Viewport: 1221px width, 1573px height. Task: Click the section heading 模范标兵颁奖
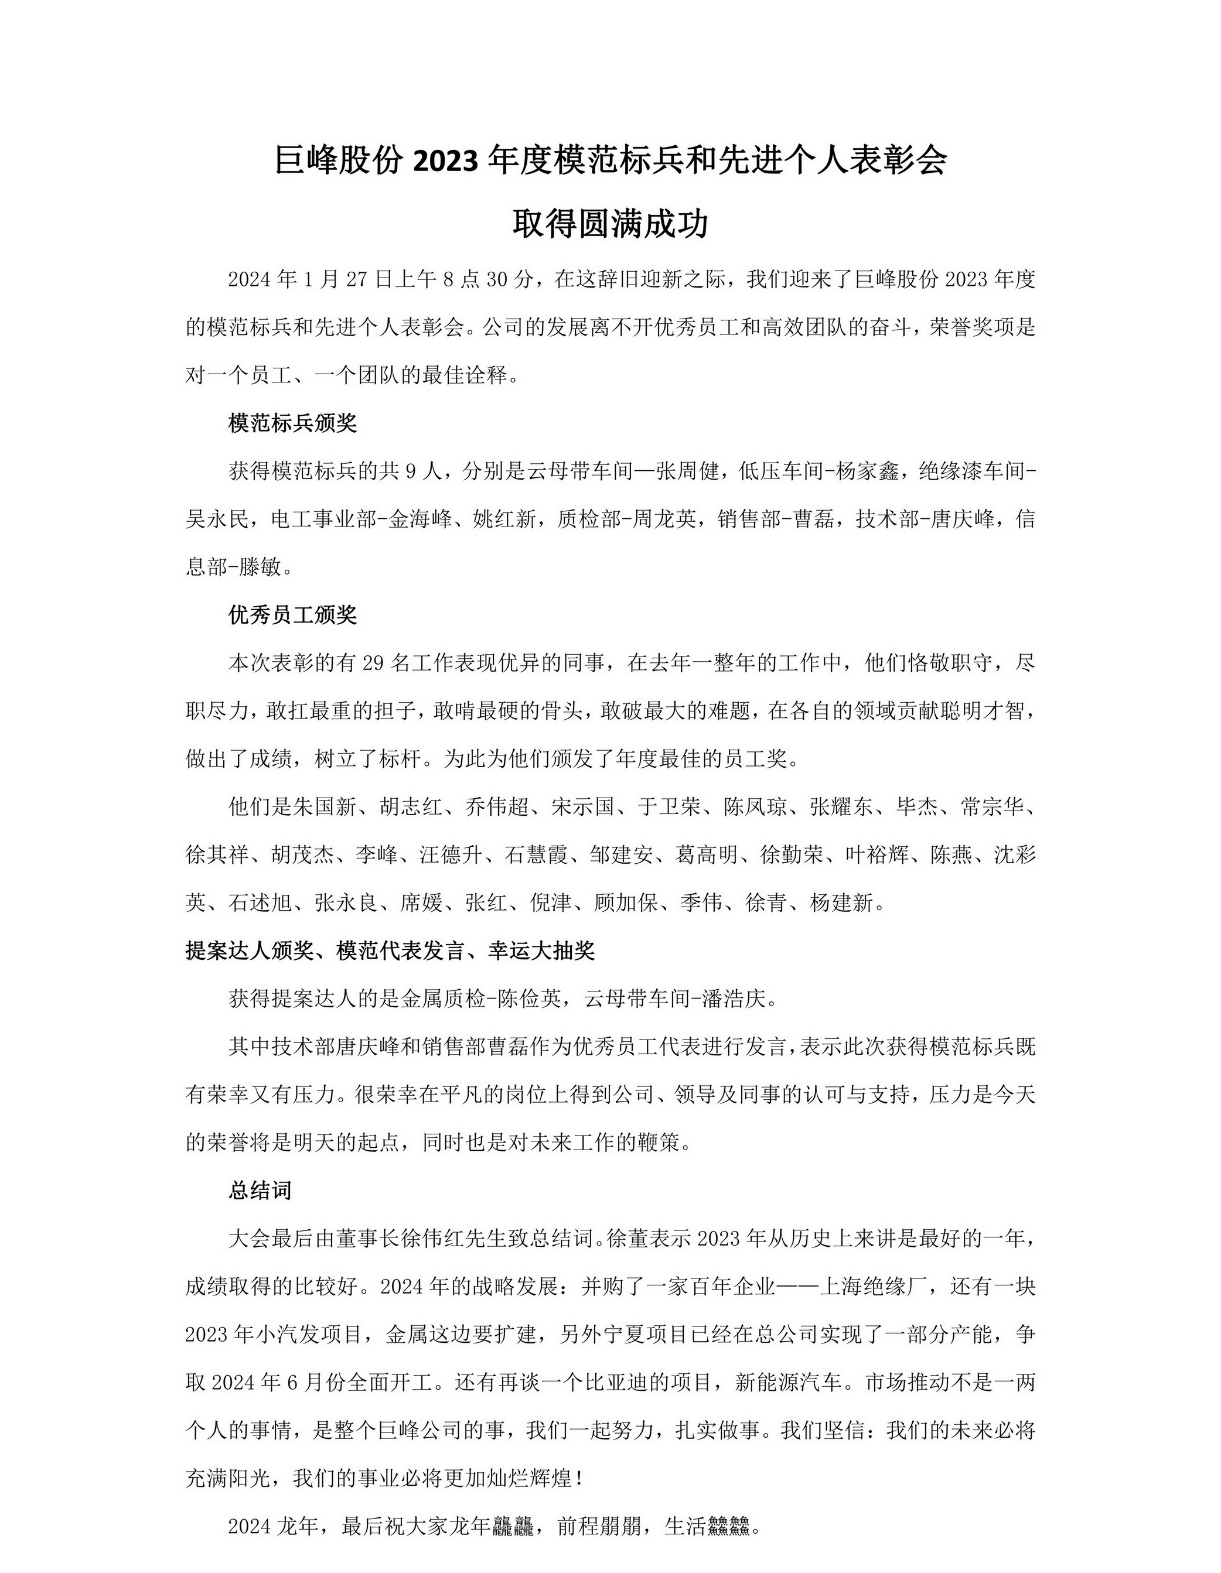pos(292,423)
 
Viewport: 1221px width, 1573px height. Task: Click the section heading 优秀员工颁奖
pos(292,614)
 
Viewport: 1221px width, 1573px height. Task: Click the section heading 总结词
pos(260,1191)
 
